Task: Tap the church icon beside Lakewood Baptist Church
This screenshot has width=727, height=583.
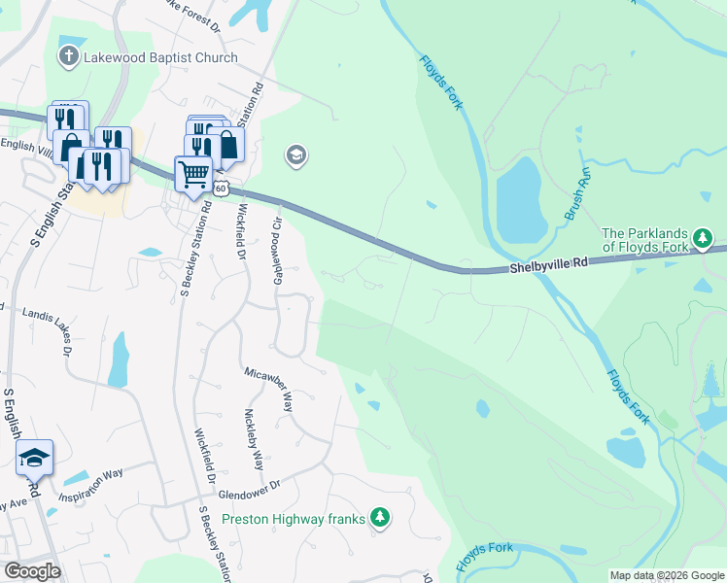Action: click(x=69, y=56)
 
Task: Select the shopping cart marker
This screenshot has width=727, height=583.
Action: click(x=193, y=174)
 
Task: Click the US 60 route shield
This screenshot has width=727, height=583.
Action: click(x=223, y=188)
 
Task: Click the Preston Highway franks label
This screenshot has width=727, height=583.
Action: click(x=293, y=519)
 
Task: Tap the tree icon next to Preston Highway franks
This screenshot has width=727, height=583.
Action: click(x=382, y=519)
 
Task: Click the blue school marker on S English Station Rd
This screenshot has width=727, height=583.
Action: click(x=35, y=457)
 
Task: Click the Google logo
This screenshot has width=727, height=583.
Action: click(x=32, y=571)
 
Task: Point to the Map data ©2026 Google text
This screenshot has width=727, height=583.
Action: click(x=668, y=575)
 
